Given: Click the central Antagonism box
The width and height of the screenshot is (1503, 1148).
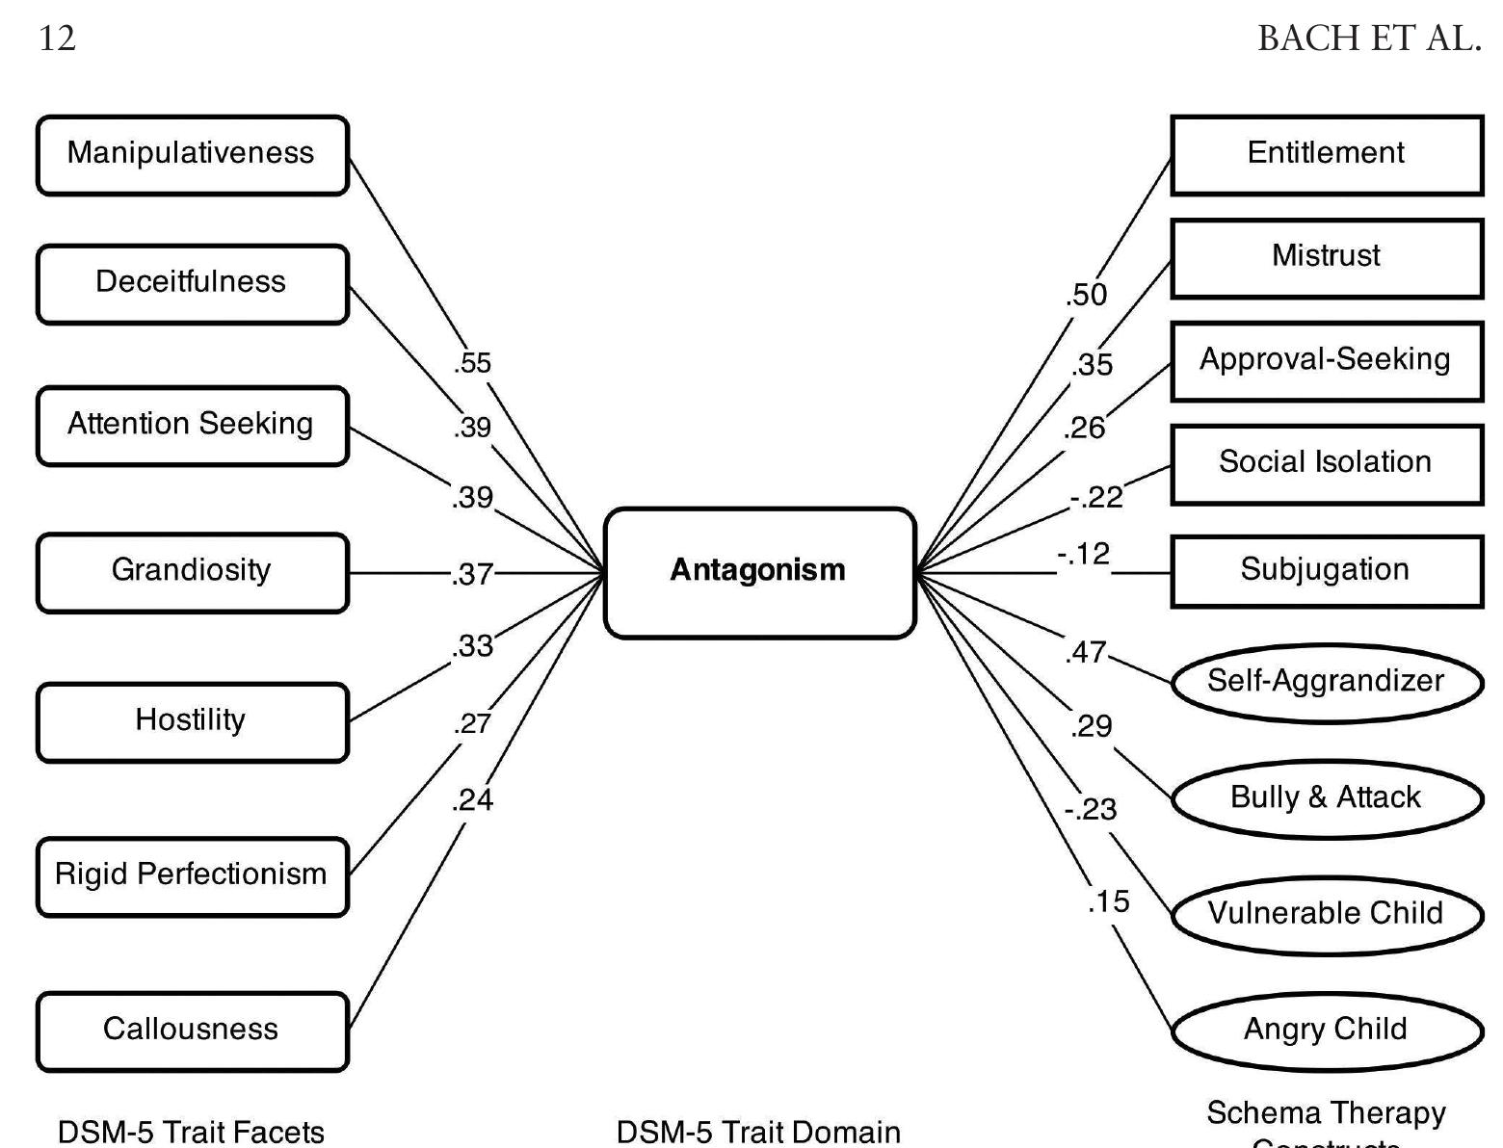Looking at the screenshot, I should pos(759,572).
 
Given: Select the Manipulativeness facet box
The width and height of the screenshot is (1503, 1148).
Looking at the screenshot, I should pos(192,155).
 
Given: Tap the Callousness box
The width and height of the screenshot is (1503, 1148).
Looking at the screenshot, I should pos(192,1031).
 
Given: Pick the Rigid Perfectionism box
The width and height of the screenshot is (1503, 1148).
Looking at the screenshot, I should pos(192,875).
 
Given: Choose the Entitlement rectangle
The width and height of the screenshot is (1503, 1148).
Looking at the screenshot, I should pos(1326,155).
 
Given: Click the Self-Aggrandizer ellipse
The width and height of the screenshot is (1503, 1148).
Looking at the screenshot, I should pos(1326,682).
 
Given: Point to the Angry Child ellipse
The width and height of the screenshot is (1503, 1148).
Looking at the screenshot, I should pos(1326,1030).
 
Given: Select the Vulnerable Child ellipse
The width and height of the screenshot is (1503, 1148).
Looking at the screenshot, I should pos(1326,914).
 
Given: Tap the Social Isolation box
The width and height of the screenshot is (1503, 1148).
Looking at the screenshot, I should pos(1326,463).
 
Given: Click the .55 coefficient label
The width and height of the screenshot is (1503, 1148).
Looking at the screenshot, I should pos(472,363).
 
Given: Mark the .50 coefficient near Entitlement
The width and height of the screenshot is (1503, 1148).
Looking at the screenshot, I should pos(1087,295).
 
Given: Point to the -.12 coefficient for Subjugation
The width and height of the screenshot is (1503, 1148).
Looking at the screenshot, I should pos(1083,555).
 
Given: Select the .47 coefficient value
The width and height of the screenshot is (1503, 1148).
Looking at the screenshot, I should pos(1087,653).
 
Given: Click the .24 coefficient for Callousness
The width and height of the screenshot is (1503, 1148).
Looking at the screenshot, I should pos(472,799).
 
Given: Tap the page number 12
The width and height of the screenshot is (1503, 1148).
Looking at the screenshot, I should pos(57,39).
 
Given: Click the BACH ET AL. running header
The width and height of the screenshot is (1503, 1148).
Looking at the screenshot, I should pos(1368,39).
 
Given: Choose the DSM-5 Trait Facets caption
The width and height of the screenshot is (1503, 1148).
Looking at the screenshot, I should pos(191,1132).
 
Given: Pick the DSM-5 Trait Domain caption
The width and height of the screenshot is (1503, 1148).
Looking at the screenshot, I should pos(758,1132).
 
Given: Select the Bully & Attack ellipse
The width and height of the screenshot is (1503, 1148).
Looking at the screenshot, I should pos(1326,798).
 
